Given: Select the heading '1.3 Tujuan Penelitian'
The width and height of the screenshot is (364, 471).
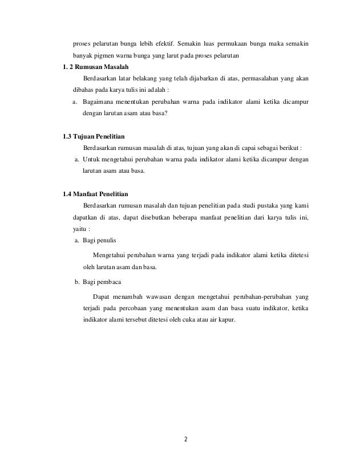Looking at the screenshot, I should (x=93, y=137).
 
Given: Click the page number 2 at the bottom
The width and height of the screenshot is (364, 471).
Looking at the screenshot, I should (x=185, y=440).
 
